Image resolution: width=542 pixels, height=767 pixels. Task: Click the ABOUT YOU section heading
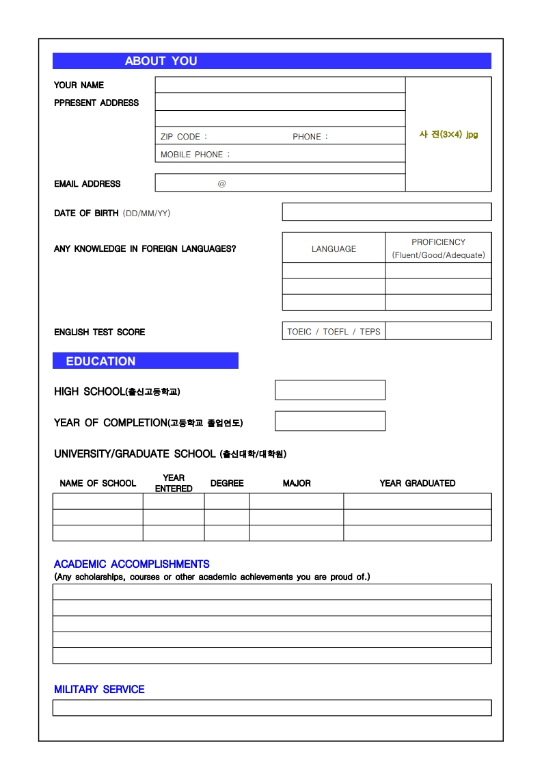pyautogui.click(x=161, y=61)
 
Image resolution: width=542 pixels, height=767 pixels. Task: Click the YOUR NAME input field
pyautogui.click(x=280, y=85)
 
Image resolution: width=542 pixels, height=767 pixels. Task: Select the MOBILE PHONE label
pyautogui.click(x=195, y=155)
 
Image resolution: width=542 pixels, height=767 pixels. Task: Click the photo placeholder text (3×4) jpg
pyautogui.click(x=448, y=134)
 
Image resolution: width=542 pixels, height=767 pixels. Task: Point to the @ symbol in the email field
pyautogui.click(x=221, y=183)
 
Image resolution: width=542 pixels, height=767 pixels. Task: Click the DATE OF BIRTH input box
pyautogui.click(x=386, y=212)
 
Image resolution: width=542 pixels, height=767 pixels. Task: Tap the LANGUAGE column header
pyautogui.click(x=334, y=248)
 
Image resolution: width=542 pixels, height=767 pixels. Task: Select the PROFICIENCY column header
pyautogui.click(x=438, y=242)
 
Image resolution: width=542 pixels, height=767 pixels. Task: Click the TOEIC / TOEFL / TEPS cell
pyautogui.click(x=334, y=332)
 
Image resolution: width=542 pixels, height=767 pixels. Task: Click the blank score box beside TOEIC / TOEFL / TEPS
pyautogui.click(x=438, y=331)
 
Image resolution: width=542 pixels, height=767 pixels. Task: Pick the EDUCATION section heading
pyautogui.click(x=100, y=361)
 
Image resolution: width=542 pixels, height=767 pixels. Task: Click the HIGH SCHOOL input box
pyautogui.click(x=330, y=390)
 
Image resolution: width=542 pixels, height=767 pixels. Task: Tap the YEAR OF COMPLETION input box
pyautogui.click(x=330, y=421)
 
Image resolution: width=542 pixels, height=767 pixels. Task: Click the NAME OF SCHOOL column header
pyautogui.click(x=98, y=483)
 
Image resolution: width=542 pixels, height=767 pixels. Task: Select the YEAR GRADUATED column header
pyautogui.click(x=417, y=483)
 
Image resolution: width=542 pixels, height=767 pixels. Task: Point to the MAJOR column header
pyautogui.click(x=297, y=483)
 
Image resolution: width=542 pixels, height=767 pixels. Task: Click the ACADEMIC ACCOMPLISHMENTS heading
pyautogui.click(x=132, y=564)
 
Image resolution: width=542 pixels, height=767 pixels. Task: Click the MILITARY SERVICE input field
pyautogui.click(x=272, y=707)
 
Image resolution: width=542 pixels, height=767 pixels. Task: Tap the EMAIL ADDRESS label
pyautogui.click(x=87, y=184)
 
